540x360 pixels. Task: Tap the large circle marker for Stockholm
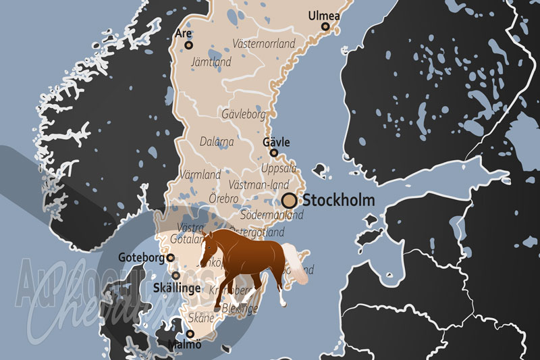[290, 200]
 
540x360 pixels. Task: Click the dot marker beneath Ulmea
[325, 27]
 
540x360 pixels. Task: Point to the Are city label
[182, 33]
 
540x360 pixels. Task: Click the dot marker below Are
[189, 45]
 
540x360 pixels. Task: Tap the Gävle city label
[276, 142]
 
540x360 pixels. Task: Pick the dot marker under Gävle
[274, 153]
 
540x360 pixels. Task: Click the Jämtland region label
[211, 62]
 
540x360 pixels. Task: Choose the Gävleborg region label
[243, 114]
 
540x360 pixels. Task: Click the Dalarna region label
[217, 142]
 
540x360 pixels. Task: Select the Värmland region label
[201, 175]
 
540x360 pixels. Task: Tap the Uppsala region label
[278, 168]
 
